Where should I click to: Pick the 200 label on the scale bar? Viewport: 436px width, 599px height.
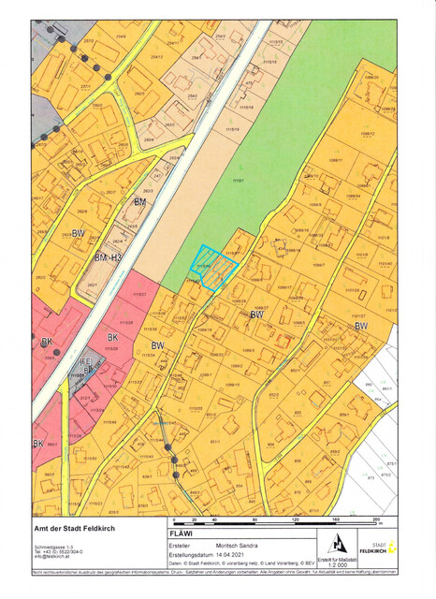376,519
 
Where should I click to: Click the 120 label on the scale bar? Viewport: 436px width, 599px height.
295,519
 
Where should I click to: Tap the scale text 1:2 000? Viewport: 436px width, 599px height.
339,564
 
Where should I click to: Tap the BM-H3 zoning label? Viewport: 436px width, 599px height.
109,256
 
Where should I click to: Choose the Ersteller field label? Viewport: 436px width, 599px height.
181,544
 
